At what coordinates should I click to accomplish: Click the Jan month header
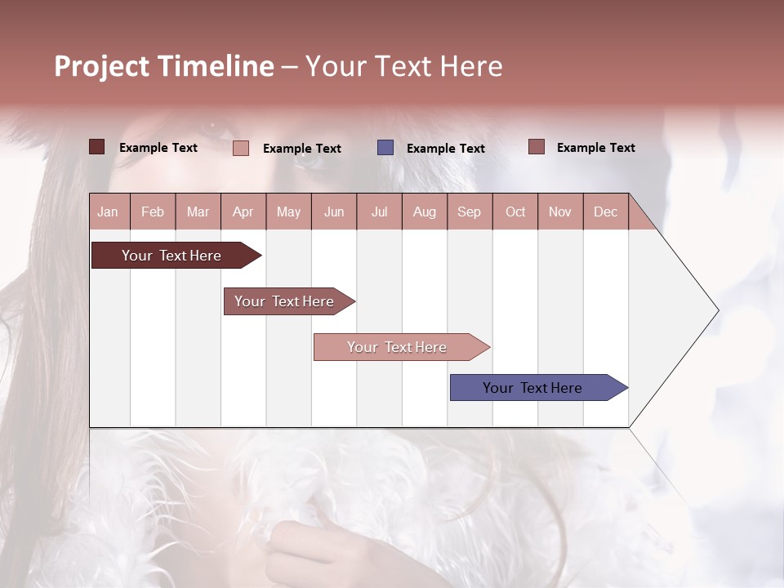(x=108, y=212)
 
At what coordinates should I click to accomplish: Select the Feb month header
(x=153, y=212)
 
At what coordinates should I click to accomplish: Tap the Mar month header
(x=198, y=212)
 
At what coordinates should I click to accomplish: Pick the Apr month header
(x=243, y=212)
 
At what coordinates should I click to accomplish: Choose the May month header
(x=288, y=212)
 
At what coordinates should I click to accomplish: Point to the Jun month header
(x=334, y=212)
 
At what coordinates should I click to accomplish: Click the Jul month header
(x=379, y=212)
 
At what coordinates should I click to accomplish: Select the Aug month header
(x=425, y=212)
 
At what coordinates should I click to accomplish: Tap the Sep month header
(x=470, y=212)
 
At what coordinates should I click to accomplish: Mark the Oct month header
(x=515, y=212)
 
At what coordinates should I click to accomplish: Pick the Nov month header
(x=560, y=212)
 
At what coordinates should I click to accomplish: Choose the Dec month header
(x=605, y=212)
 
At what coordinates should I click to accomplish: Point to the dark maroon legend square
(x=96, y=147)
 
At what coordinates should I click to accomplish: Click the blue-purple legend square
(x=385, y=148)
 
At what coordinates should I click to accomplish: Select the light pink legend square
(x=241, y=148)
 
